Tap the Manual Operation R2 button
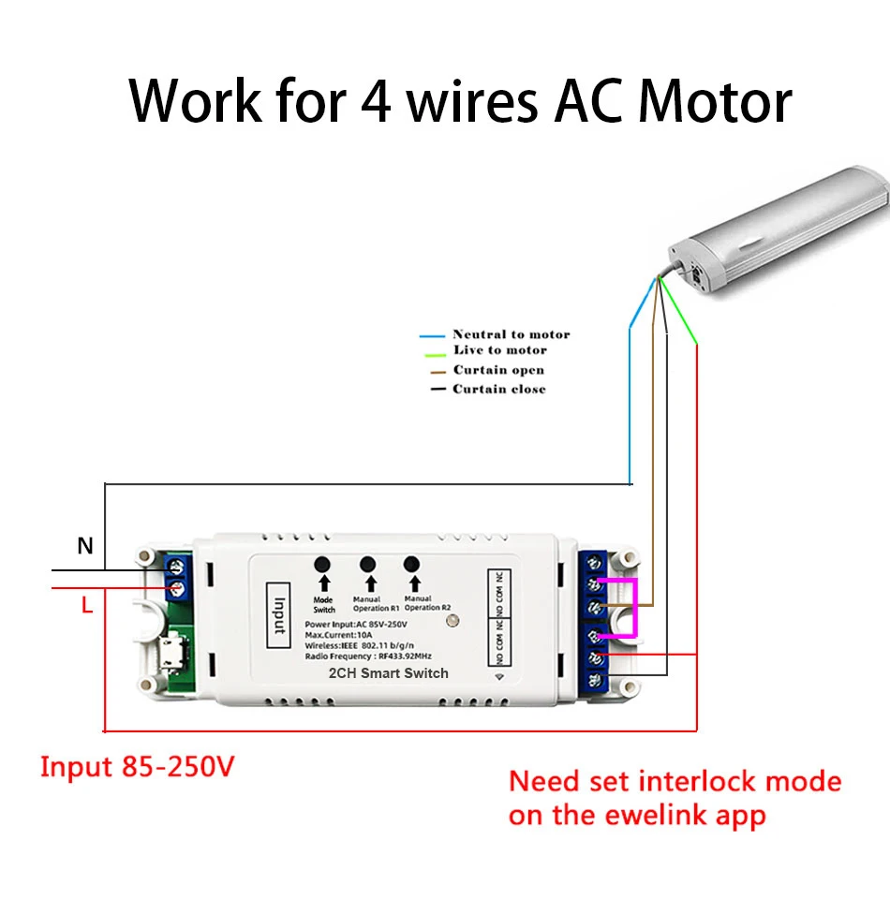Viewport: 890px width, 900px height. pos(410,565)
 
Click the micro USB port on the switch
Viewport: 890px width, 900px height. pos(171,655)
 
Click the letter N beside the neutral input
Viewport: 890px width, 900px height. pos(85,546)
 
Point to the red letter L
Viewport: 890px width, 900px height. pos(86,606)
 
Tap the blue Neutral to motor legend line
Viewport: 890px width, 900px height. pos(432,335)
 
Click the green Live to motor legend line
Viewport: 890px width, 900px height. pos(432,353)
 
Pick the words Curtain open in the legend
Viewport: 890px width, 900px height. pos(498,370)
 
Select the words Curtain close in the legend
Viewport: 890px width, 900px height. pos(499,389)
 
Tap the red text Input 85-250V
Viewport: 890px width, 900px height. pos(137,768)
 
